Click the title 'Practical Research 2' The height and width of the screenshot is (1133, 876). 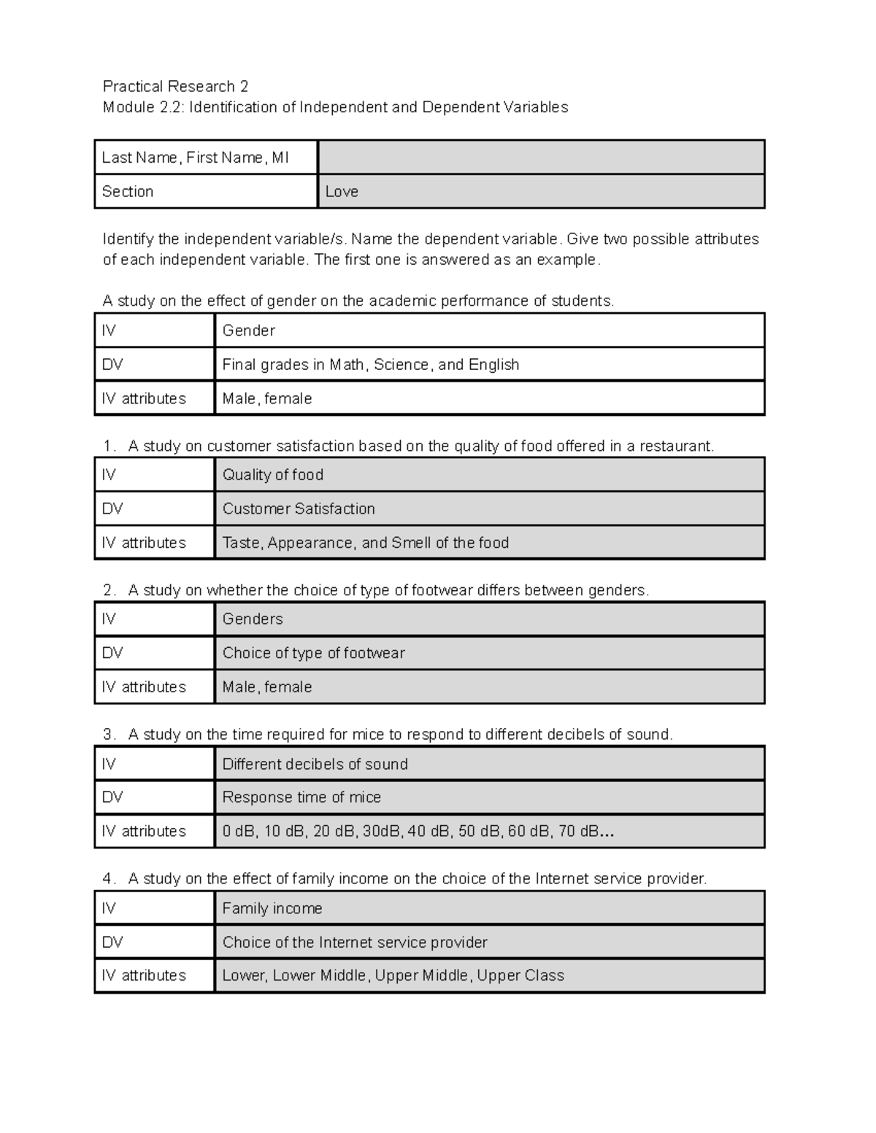tap(175, 87)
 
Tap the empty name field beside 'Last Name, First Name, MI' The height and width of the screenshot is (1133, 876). tap(540, 158)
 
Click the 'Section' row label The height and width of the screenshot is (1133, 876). tap(128, 192)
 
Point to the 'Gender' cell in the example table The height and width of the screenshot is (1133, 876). tap(249, 331)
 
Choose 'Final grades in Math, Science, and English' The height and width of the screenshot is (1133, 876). tap(370, 365)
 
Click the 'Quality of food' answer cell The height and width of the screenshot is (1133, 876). tap(273, 475)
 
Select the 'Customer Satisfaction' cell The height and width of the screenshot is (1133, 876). tap(299, 509)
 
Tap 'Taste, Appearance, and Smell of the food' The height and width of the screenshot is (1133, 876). tap(365, 543)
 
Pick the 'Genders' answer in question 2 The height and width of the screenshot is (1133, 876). tap(253, 619)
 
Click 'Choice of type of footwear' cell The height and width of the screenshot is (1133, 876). tap(313, 654)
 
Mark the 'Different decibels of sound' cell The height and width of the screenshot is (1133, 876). tap(315, 765)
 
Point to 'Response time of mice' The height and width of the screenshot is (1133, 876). tap(301, 797)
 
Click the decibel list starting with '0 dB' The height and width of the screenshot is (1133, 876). tap(418, 832)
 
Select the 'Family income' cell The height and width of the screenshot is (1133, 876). tap(272, 909)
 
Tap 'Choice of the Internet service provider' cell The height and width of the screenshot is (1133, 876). tap(355, 943)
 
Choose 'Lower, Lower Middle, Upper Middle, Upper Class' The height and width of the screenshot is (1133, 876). tap(393, 976)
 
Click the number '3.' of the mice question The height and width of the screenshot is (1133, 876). tap(109, 735)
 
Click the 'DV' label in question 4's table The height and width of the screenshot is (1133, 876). tap(112, 943)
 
